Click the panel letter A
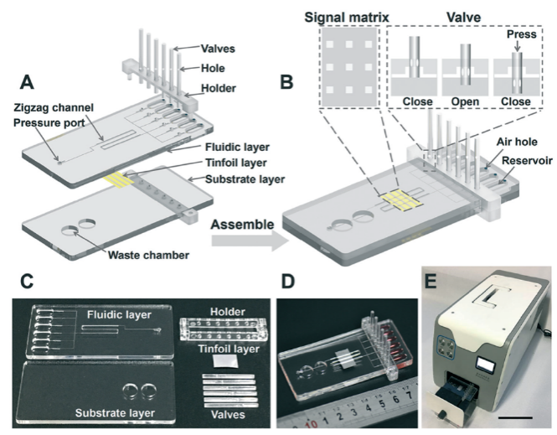(x=26, y=84)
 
